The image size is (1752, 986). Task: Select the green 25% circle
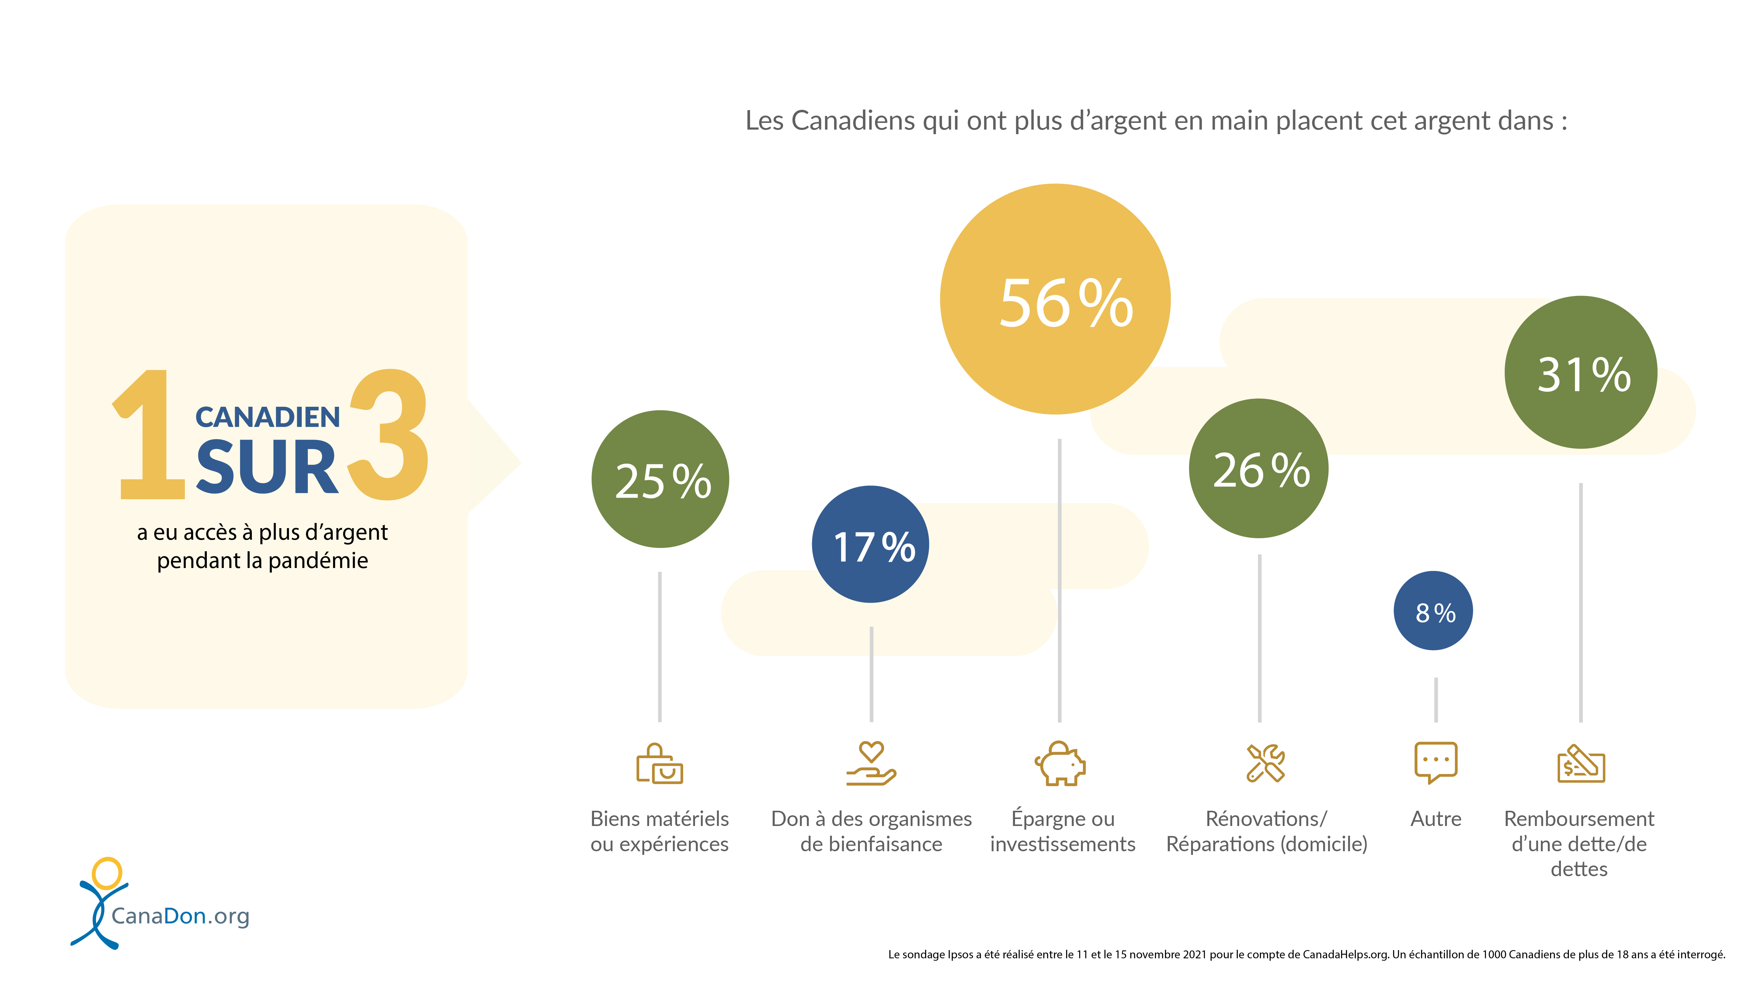[660, 479]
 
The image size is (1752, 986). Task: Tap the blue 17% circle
[871, 544]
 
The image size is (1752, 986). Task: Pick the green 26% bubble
[1259, 468]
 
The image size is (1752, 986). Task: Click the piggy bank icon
[1060, 764]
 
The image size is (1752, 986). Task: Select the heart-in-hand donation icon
[871, 764]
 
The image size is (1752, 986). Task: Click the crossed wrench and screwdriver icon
[1265, 764]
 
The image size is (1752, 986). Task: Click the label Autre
[1436, 819]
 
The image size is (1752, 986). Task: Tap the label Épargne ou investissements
[1062, 831]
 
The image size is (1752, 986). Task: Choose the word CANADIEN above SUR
[267, 417]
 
